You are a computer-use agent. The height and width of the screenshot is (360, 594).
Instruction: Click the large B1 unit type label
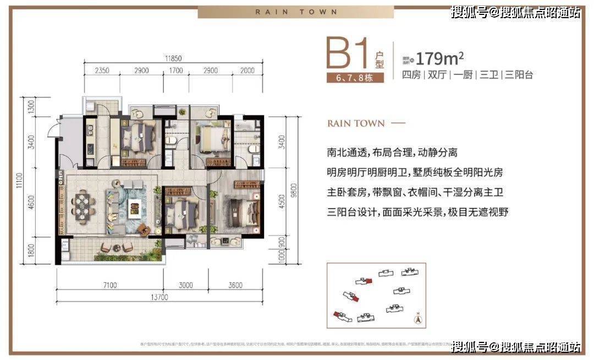point(351,55)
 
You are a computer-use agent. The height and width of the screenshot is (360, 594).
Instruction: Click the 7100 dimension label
point(109,285)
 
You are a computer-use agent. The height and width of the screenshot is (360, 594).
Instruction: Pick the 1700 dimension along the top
point(175,71)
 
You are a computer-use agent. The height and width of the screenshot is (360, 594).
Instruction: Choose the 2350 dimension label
point(102,71)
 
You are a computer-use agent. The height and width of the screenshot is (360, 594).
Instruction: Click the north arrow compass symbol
point(418,318)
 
